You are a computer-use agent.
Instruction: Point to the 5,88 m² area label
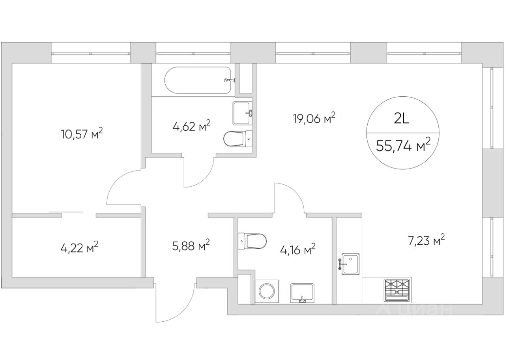tap(191, 246)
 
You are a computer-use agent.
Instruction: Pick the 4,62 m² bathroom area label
tap(192, 126)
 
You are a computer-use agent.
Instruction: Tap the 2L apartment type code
tap(402, 120)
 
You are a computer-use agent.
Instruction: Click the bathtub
tap(198, 80)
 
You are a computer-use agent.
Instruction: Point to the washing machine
tap(267, 291)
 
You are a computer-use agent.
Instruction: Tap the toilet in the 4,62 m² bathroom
tap(238, 139)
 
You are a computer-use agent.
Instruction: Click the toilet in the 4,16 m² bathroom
tap(252, 241)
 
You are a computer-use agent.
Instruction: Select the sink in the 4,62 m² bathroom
tap(242, 113)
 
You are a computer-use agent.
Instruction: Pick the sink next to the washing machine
tap(302, 293)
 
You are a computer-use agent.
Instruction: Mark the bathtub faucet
tap(229, 80)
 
